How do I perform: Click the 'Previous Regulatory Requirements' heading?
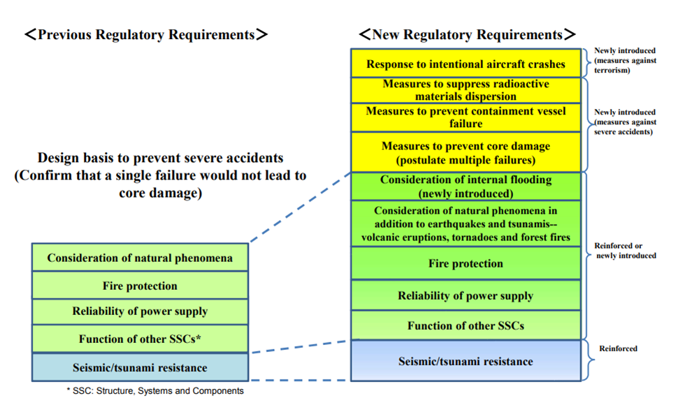coord(145,34)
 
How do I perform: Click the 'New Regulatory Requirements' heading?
coord(466,34)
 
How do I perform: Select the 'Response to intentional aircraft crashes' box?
coord(466,64)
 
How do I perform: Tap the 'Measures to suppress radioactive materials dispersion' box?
coord(466,90)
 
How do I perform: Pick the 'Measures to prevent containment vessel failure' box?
coord(466,117)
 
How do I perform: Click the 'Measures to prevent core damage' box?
coord(466,152)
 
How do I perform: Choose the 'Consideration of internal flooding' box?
coord(466,186)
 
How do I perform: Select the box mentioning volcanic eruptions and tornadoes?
coord(466,223)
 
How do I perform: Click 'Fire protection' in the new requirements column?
coord(466,263)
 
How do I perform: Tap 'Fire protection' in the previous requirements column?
coord(140,286)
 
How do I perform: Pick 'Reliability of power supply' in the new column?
coord(466,295)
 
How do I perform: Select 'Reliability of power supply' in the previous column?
coord(140,311)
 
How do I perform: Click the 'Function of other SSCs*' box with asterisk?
coord(140,339)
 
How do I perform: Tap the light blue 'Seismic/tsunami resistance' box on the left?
coord(140,367)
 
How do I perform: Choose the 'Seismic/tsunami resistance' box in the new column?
coord(466,361)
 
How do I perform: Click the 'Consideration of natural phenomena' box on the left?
coord(140,258)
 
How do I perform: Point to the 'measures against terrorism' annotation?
coord(625,61)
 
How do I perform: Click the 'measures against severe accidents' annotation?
coord(625,122)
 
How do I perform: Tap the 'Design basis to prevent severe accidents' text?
coord(161,175)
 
